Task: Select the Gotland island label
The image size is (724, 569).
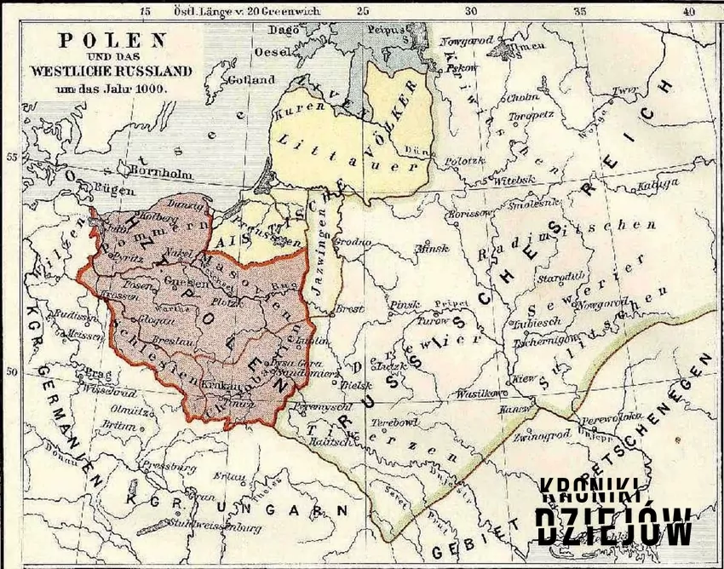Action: pyautogui.click(x=251, y=79)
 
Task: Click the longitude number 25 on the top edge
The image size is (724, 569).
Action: pyautogui.click(x=362, y=11)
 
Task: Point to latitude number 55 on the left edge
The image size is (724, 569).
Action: pyautogui.click(x=12, y=158)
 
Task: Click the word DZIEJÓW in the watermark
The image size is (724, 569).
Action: pyautogui.click(x=613, y=526)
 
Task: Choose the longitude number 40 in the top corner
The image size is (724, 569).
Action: pyautogui.click(x=689, y=11)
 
